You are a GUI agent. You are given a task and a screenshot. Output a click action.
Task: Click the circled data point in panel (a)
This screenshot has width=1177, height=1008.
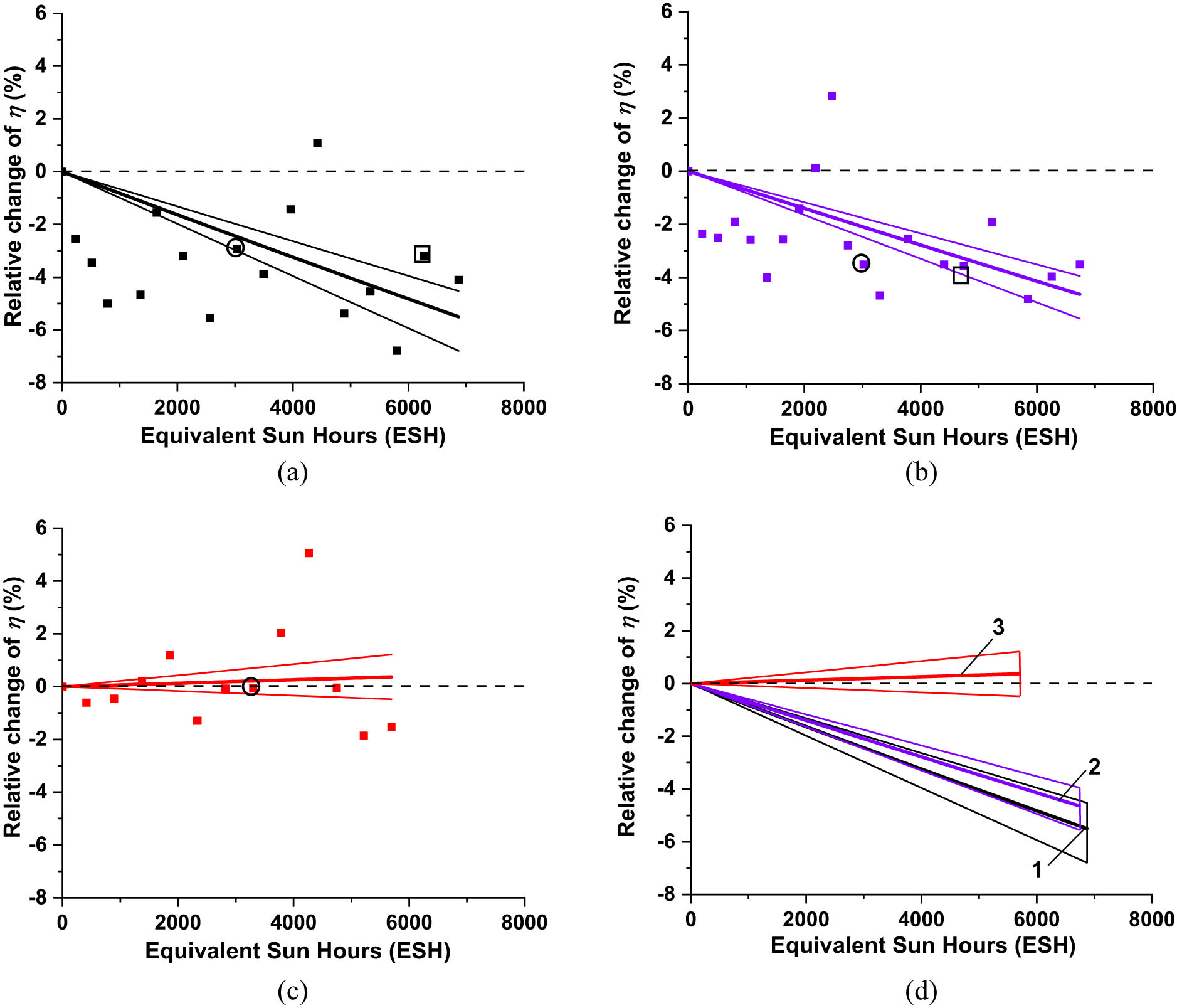tap(235, 248)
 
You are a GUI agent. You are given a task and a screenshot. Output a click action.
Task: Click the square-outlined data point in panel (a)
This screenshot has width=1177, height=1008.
tap(422, 254)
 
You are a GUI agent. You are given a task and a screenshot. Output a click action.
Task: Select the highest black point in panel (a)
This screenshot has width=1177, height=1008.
tap(317, 143)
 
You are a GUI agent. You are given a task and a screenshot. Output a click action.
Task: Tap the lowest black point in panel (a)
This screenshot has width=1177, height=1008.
tap(397, 351)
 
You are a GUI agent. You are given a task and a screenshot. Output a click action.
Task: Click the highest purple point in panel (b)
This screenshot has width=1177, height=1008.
tap(831, 96)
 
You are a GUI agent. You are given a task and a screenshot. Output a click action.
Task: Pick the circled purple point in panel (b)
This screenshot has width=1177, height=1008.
tap(862, 263)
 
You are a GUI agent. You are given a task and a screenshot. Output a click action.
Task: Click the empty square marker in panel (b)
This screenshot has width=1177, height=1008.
tap(960, 275)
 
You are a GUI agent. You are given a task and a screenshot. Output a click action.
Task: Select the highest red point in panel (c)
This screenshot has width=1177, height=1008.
tap(309, 553)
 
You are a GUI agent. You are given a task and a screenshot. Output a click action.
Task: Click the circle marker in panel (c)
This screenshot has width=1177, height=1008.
tap(251, 686)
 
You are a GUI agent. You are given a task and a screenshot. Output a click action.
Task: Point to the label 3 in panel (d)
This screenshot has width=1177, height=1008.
tap(999, 627)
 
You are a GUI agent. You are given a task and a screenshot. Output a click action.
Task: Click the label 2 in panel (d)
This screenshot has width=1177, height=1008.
tap(1094, 767)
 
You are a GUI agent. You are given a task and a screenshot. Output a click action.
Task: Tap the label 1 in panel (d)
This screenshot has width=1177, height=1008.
tap(1037, 870)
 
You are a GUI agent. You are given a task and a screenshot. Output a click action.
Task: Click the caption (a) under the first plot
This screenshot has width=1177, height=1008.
tap(293, 472)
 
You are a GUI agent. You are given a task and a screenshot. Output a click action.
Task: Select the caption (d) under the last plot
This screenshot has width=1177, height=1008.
tap(921, 990)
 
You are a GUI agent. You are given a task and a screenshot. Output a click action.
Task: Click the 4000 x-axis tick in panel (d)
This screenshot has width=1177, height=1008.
tap(921, 920)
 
